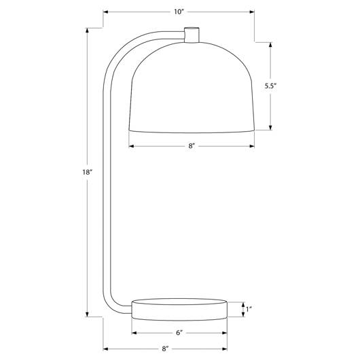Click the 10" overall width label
[179, 12]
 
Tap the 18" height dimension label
[87, 172]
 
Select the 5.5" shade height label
[270, 86]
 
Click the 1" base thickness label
[249, 309]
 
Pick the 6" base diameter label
[179, 333]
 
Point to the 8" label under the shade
[192, 146]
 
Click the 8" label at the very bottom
[165, 349]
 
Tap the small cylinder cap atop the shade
[192, 35]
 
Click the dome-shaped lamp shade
[192, 87]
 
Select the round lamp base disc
[179, 309]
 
